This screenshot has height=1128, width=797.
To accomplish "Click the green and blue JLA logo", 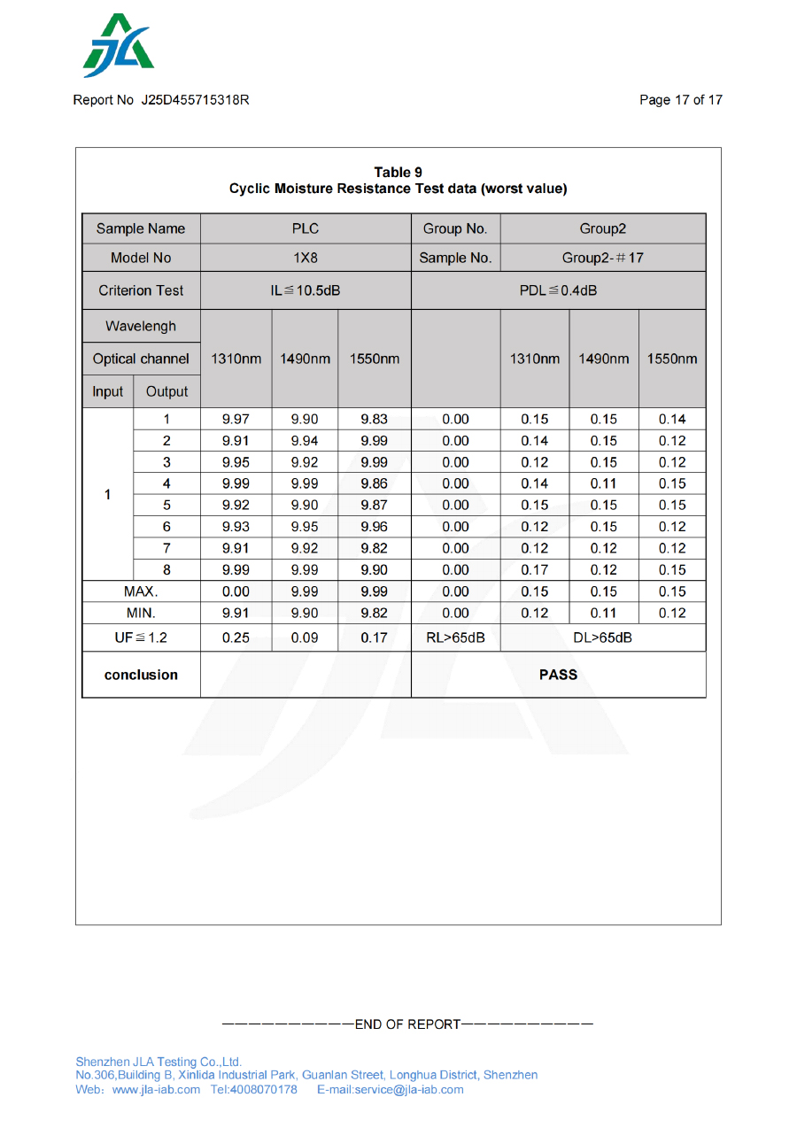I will [x=119, y=46].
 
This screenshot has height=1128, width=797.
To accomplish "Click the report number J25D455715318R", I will [x=195, y=100].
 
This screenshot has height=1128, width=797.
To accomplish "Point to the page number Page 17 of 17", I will [x=680, y=100].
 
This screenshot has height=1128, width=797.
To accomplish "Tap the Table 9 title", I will [x=398, y=173].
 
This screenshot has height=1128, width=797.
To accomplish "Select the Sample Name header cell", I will [x=141, y=228].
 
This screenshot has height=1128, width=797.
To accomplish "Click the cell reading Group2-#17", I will [x=602, y=258].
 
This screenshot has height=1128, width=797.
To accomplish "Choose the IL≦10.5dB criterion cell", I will [x=306, y=290].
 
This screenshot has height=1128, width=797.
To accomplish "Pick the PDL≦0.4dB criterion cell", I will [x=558, y=290].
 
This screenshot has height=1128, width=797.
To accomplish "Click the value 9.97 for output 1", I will [x=236, y=420].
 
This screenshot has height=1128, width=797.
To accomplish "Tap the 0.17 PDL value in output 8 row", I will [x=535, y=570].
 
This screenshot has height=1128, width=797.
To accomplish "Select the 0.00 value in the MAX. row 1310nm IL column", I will [x=236, y=591].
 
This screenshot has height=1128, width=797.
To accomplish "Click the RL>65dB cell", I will [x=455, y=637].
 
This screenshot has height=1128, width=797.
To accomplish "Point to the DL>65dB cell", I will [x=602, y=637].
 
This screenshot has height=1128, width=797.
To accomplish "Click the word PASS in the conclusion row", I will [x=558, y=675].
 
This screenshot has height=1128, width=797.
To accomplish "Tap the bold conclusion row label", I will [x=141, y=675].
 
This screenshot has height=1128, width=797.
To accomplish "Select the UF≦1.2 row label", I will [x=141, y=637].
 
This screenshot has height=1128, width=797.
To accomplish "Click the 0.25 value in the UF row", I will [x=236, y=637].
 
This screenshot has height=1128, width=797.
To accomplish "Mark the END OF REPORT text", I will [x=407, y=1024].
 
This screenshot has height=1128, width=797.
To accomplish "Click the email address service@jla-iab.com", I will [x=408, y=1089].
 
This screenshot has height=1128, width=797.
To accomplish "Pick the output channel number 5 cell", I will [x=166, y=506].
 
